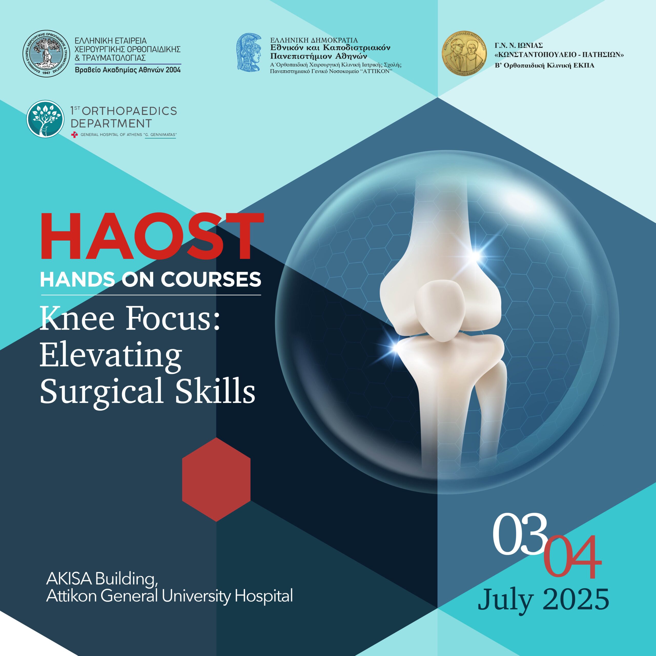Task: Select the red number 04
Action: point(572,557)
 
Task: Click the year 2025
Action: point(576,599)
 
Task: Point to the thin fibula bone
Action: point(491,407)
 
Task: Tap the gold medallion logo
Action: point(464,53)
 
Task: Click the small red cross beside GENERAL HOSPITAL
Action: point(74,135)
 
